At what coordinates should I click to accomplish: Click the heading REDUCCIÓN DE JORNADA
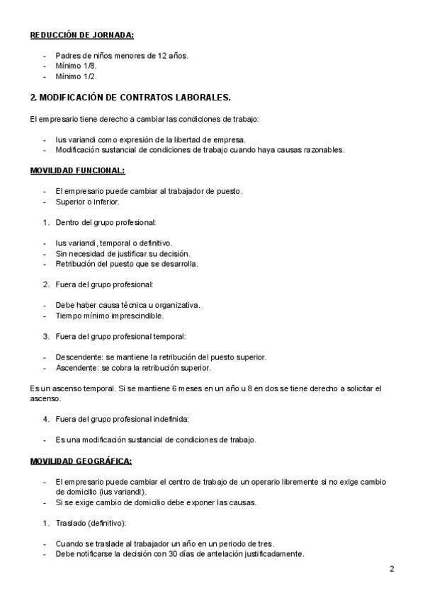(82, 35)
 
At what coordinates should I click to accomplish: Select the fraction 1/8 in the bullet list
(89, 65)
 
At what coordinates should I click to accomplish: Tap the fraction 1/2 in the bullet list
(89, 76)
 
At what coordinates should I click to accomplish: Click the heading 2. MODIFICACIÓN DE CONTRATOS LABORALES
(130, 97)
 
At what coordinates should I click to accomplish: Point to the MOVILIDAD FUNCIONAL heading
(77, 171)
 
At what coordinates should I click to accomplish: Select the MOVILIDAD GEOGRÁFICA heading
(81, 461)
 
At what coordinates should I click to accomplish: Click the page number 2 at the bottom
(391, 569)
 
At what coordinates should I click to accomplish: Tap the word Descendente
(77, 357)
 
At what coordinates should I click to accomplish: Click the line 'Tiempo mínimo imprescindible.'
(109, 316)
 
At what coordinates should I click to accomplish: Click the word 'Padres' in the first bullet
(67, 54)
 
